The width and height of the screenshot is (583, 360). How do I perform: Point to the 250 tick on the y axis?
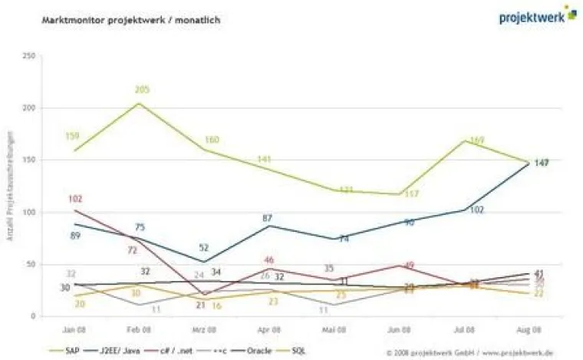tap(29, 56)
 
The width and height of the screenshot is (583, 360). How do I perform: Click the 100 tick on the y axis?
tap(29, 212)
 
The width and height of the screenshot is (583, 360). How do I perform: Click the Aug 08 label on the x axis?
tap(531, 329)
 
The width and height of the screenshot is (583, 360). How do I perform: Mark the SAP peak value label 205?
tap(142, 90)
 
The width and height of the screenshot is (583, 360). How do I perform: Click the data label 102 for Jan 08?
tap(74, 200)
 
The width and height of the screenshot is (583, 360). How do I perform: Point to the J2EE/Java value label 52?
tap(203, 248)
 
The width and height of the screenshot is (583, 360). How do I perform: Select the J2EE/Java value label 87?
tap(267, 219)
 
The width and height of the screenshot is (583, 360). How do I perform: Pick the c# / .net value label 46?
tap(268, 261)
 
